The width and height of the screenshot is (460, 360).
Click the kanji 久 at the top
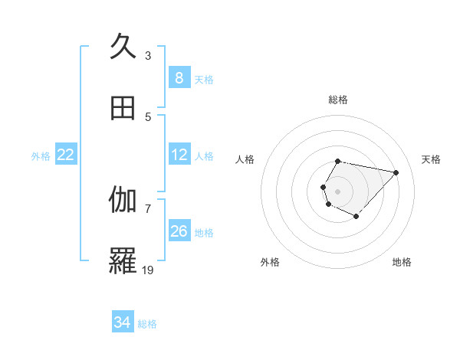123,47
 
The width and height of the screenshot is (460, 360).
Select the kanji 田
123,109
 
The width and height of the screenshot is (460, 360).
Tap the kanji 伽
123,201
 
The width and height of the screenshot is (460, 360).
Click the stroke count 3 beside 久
148,56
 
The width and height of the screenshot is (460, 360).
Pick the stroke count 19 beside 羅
148,270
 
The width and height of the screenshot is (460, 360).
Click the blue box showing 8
179,78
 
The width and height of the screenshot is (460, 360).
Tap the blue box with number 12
179,155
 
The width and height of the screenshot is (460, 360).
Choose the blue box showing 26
179,231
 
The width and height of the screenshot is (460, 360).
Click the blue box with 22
65,155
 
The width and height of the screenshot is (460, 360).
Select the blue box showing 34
122,322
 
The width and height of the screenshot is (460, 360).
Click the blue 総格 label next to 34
147,324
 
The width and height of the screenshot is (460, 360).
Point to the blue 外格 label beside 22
41,156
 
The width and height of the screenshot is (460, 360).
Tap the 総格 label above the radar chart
338,100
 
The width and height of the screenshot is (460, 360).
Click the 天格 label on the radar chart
431,159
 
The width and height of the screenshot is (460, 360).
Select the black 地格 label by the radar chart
402,262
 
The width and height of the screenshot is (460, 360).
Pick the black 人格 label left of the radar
245,159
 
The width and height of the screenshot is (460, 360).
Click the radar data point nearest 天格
396,172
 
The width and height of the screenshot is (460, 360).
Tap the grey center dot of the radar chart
338,191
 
